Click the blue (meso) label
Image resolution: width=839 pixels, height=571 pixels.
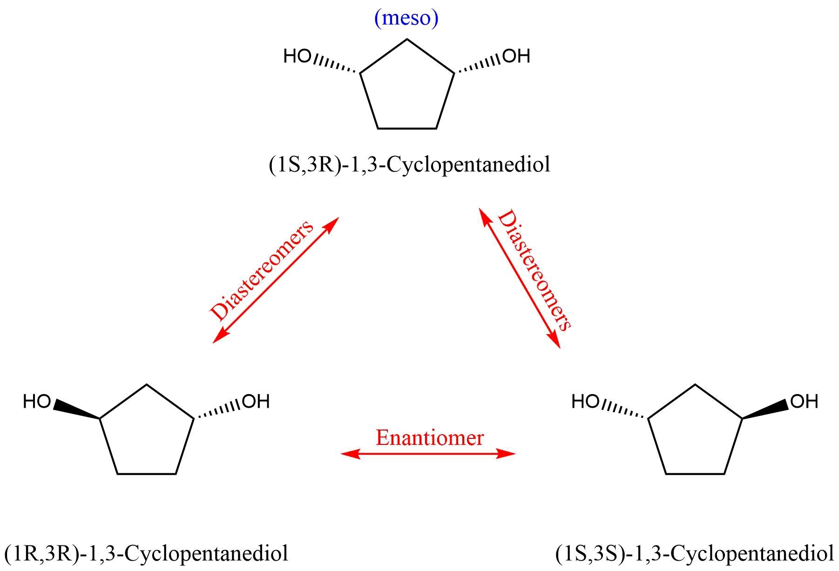coord(406,19)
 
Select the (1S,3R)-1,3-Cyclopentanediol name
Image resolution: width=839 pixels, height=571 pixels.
coord(409,165)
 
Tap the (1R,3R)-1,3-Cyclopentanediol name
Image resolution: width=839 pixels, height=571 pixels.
coord(146,554)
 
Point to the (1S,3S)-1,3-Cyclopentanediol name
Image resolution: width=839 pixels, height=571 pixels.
coord(695,554)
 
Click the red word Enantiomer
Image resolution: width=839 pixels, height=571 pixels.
coord(429,438)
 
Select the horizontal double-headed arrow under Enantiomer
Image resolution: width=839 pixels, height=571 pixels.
coord(428,453)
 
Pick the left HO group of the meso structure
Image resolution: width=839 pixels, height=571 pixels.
coord(297,57)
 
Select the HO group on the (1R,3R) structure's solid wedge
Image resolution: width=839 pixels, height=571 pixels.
coord(37,402)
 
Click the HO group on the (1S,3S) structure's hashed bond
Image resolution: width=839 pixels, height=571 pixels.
coord(585,402)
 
